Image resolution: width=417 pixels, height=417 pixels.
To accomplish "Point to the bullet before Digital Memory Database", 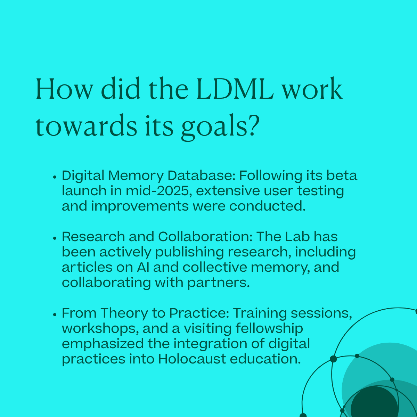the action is click(x=55, y=177).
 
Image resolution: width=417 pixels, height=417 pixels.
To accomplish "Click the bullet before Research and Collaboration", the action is click(x=55, y=238).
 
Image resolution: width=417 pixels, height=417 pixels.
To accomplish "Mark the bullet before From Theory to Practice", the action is click(x=55, y=315).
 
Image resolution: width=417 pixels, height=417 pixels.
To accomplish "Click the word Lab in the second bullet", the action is click(x=297, y=237).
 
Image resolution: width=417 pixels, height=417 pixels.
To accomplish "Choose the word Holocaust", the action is click(x=192, y=359).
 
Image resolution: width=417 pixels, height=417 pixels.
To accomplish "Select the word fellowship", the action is click(x=269, y=329).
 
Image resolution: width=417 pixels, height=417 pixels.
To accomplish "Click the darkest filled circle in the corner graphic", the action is click(x=374, y=402).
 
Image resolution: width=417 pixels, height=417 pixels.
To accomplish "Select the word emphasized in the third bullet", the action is click(x=103, y=344).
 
